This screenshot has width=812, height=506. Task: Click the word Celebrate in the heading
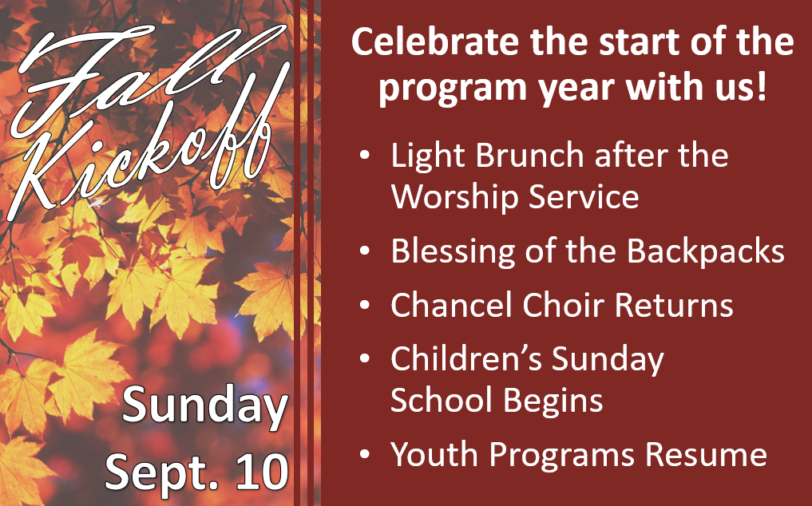[435, 42]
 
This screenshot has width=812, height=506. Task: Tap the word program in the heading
[452, 88]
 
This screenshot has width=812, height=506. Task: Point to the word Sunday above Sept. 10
[204, 405]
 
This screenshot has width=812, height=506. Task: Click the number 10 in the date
[262, 471]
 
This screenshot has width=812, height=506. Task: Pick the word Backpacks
[705, 251]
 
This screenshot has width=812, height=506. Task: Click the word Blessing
[453, 251]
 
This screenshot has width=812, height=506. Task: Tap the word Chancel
[452, 304]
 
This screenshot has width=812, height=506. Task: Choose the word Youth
[435, 454]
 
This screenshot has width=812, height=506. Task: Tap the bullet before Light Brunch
[365, 155]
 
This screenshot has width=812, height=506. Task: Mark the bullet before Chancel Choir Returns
[365, 305]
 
